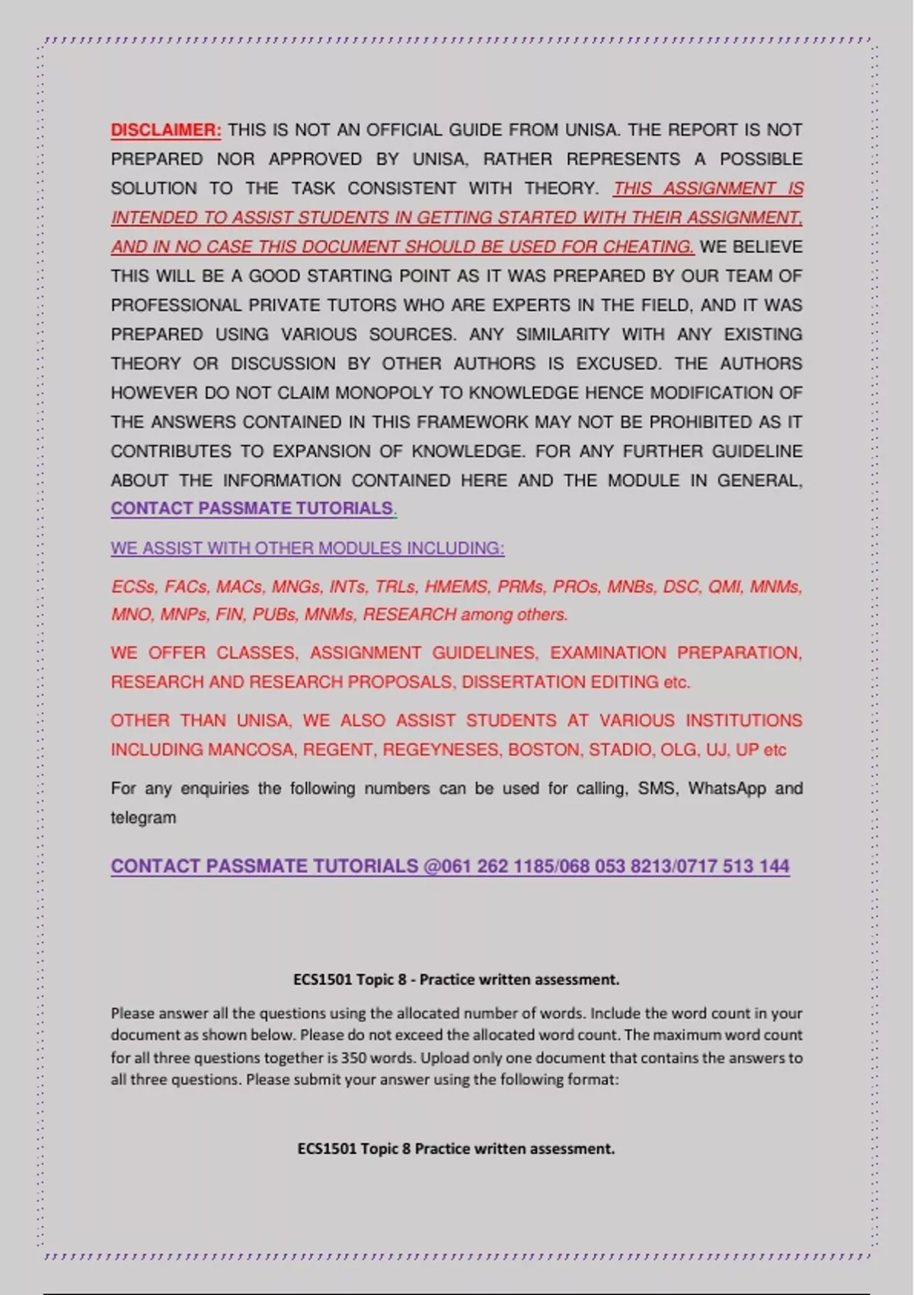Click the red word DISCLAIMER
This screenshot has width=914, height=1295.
pos(166,130)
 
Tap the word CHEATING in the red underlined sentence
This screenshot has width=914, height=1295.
pos(647,248)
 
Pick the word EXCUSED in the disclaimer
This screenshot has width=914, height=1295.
pos(618,364)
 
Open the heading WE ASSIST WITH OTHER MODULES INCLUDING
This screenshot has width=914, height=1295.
pos(307,548)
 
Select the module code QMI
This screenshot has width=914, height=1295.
pos(725,587)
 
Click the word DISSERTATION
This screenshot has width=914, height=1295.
pos(512,682)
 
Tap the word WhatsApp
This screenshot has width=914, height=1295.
pos(727,788)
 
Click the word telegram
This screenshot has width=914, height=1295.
pos(143,818)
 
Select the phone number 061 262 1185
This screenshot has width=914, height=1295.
pos(498,867)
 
